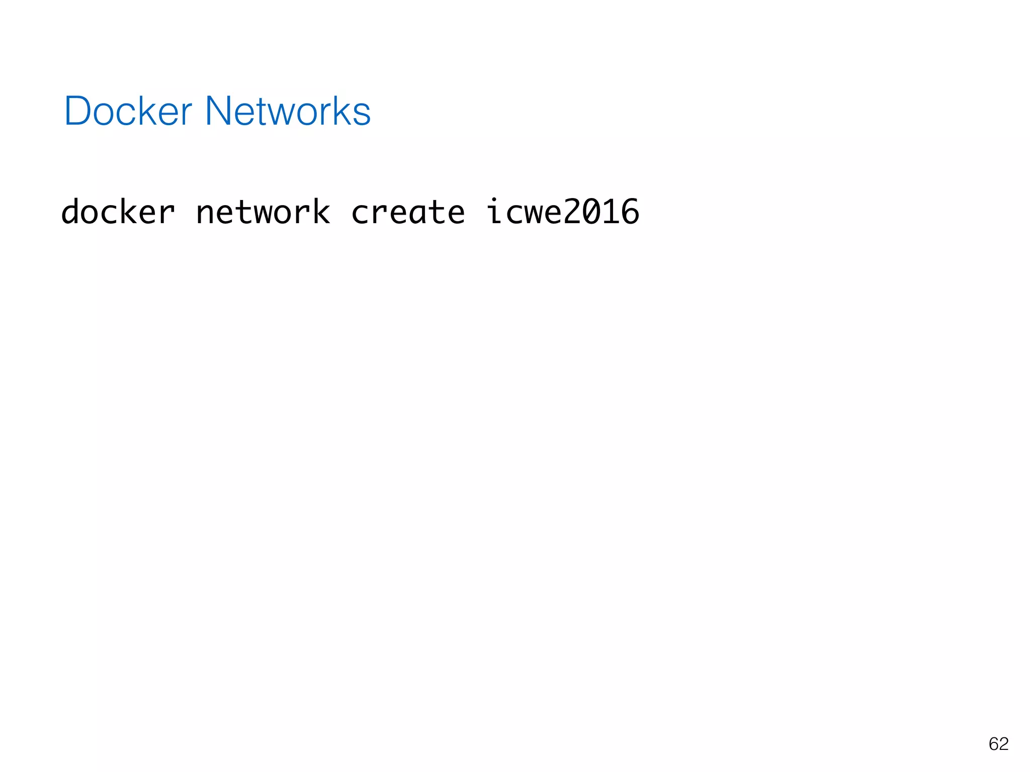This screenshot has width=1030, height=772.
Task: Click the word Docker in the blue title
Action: pyautogui.click(x=128, y=111)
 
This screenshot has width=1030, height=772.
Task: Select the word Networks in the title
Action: pyautogui.click(x=288, y=111)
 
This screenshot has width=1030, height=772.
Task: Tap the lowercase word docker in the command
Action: pyautogui.click(x=118, y=212)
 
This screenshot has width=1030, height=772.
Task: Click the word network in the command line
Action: pyautogui.click(x=263, y=212)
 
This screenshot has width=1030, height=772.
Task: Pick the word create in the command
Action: pyautogui.click(x=408, y=212)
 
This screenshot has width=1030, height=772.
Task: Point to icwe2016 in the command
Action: pyautogui.click(x=563, y=212)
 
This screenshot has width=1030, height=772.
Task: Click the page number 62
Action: pyautogui.click(x=998, y=744)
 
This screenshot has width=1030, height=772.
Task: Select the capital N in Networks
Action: pyautogui.click(x=218, y=111)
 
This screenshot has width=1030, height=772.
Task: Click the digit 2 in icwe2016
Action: pyautogui.click(x=573, y=212)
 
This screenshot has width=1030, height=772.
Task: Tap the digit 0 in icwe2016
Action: pyautogui.click(x=592, y=212)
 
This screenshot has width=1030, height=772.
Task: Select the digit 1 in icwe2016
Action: pyautogui.click(x=612, y=212)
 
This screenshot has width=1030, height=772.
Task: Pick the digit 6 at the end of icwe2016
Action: pyautogui.click(x=631, y=212)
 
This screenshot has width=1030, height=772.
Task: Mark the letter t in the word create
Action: pyautogui.click(x=437, y=212)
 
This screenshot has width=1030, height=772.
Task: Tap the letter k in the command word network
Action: pyautogui.click(x=321, y=212)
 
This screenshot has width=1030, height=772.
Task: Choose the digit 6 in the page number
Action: pyautogui.click(x=994, y=744)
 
